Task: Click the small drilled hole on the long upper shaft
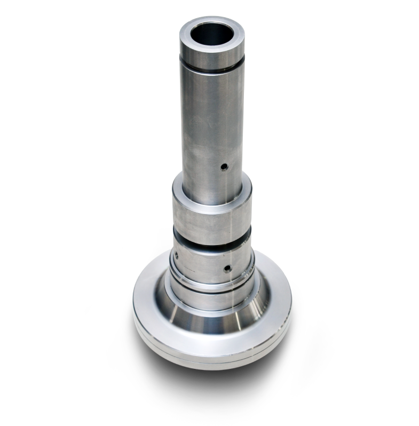point(224,167)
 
